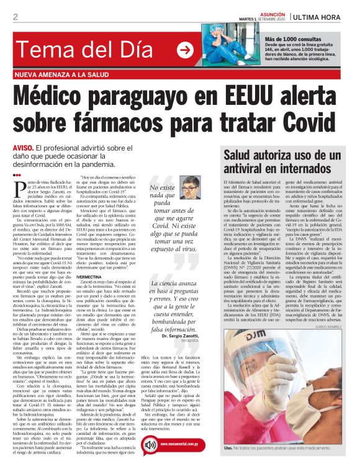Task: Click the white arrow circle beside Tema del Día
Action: [x=185, y=50]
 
